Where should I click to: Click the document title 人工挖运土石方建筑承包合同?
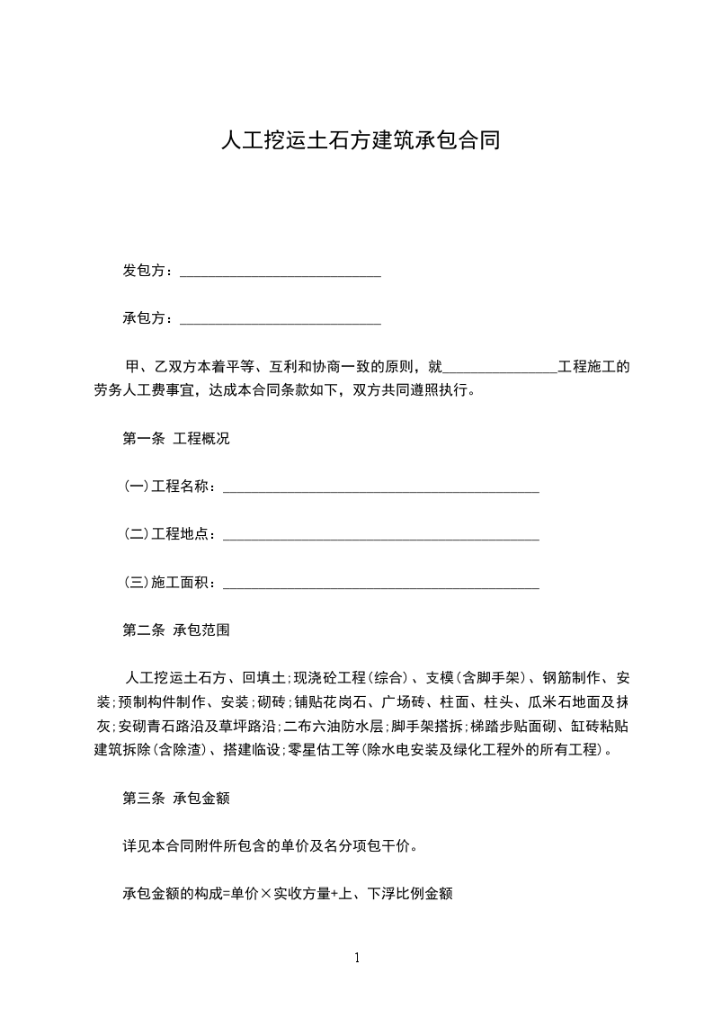[360, 141]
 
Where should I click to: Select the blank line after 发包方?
[281, 273]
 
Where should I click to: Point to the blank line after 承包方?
[281, 321]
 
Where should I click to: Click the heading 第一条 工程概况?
[175, 439]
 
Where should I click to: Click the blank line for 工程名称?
[380, 490]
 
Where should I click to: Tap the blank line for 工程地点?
[380, 538]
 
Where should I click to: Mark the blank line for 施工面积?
[380, 585]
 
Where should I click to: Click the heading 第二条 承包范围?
[175, 630]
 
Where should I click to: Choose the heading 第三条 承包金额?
[175, 797]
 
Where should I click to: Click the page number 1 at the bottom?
[357, 958]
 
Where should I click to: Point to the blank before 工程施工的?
[501, 369]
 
